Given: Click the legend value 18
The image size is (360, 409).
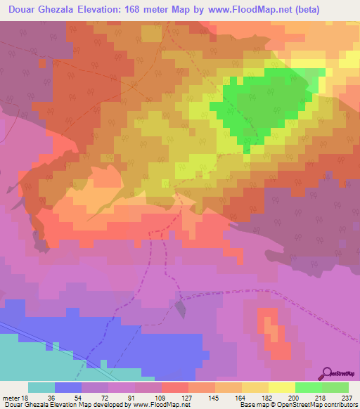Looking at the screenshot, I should pos(24,397).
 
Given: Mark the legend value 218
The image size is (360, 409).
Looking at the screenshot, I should pos(321,397).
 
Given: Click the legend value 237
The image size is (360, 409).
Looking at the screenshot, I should pos(347,397).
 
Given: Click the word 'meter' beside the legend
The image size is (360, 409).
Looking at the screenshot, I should pos(10,397).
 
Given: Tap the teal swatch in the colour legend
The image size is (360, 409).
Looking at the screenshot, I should pos(41,387).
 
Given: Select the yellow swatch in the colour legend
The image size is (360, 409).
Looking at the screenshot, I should pos(281,387).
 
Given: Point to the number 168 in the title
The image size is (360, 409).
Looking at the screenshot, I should pos(130,9).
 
